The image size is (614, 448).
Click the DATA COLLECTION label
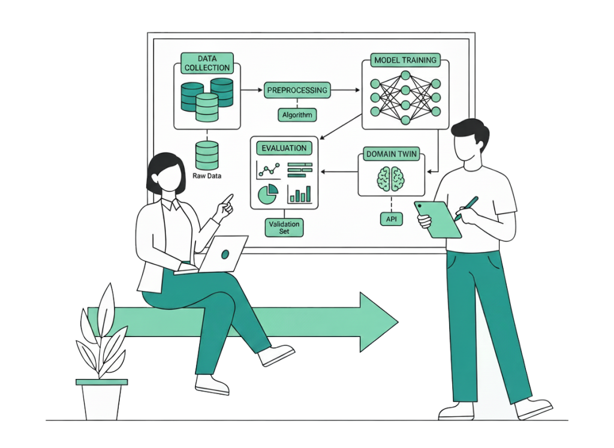point(207,63)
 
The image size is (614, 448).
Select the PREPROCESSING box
point(297,91)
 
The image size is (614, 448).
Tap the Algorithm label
point(297,115)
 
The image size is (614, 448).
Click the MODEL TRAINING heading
point(405,61)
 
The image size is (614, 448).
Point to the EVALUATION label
point(284,148)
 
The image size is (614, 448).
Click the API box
point(391,219)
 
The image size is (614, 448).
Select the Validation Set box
point(284,227)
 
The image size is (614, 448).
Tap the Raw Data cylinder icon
point(207,155)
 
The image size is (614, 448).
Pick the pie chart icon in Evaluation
point(267,194)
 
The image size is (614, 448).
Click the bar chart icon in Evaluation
point(300,193)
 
